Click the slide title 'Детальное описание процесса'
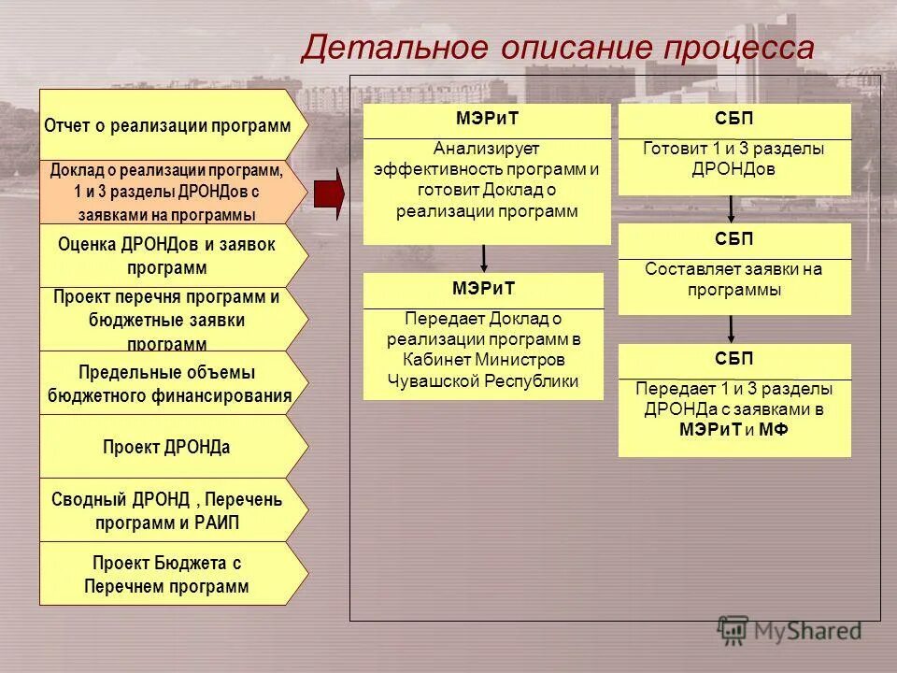pos(557,48)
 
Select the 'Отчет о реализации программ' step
pos(168,126)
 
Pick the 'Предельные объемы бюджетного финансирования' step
pos(168,384)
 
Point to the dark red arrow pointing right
pos(329,193)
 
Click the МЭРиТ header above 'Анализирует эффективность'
pos(486,121)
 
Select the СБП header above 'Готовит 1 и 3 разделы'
pos(734,121)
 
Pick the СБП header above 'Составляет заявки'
pos(734,240)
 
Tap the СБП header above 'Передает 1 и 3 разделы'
pos(734,361)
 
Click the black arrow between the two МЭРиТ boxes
pos(484,258)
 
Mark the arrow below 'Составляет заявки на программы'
pos(731,329)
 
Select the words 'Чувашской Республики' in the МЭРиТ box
pos(483,380)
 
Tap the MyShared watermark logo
pos(790,631)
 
